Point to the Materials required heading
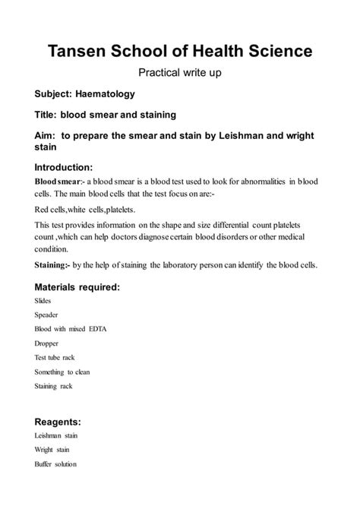[77, 287]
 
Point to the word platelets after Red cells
[115, 207]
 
